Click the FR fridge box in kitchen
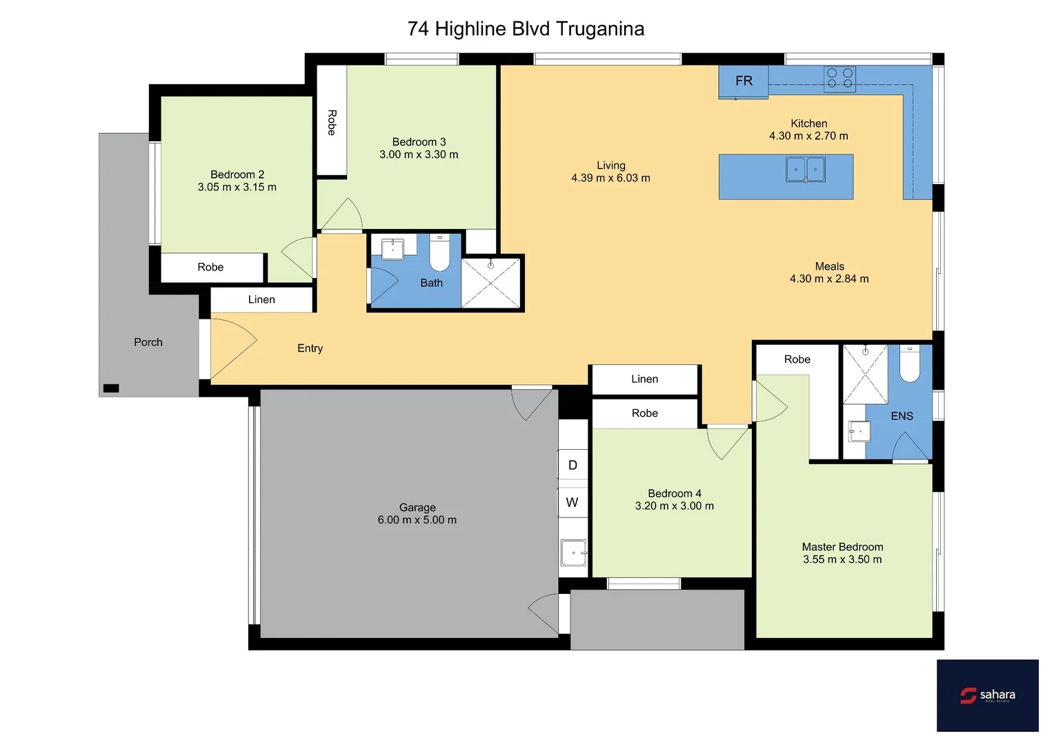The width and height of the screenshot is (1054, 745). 743,81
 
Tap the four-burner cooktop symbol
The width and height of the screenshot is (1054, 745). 839,79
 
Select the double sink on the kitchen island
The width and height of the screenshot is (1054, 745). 806,170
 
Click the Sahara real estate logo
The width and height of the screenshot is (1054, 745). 987,695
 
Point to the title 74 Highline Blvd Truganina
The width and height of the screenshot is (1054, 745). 526,29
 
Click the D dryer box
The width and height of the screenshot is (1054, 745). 573,465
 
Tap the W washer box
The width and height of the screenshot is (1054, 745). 573,502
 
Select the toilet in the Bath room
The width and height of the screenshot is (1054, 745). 439,254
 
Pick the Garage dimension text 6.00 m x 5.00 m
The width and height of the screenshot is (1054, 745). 417,520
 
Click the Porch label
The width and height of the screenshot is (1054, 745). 148,342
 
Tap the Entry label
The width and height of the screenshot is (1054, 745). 310,348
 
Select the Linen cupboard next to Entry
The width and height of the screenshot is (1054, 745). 261,299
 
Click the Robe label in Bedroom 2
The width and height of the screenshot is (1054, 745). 210,268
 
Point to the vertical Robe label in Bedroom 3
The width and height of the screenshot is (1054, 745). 332,122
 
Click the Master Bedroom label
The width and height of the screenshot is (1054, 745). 842,547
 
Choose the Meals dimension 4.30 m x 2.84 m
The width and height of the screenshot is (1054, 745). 829,279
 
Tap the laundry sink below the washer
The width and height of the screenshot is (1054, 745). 573,553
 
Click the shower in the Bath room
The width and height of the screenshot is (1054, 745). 490,283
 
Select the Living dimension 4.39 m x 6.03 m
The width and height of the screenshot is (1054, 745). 610,178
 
